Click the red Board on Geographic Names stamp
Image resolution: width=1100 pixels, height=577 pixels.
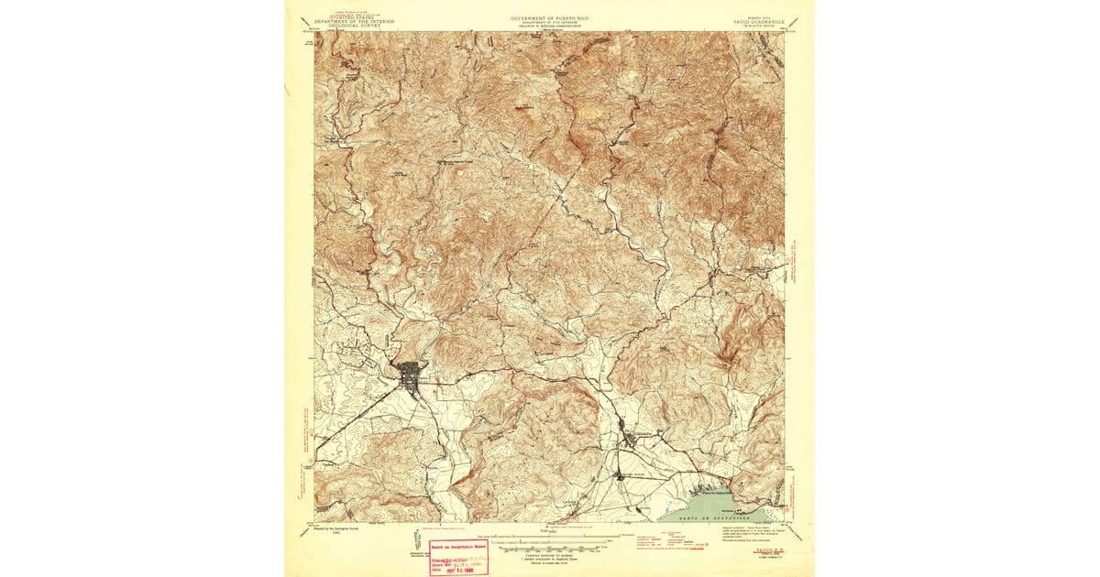coord(456,557)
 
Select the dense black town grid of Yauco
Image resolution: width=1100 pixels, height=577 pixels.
coord(409,374)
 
